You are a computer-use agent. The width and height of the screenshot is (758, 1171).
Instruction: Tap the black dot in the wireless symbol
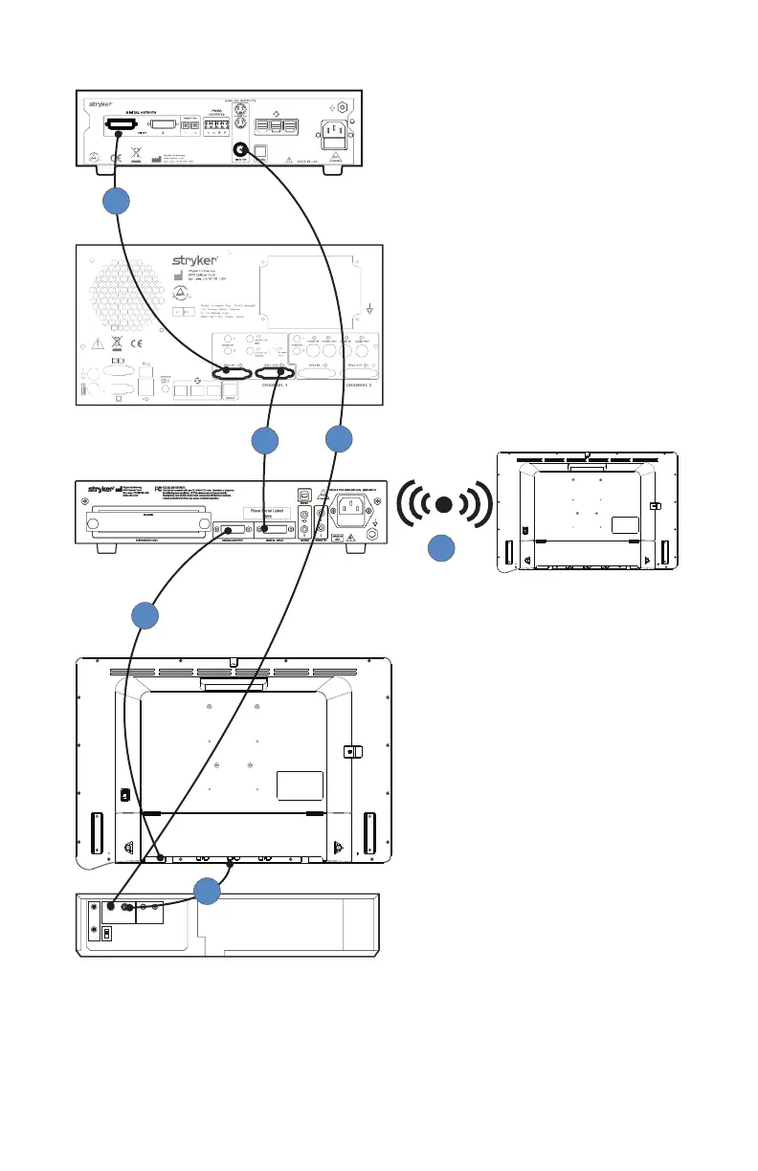(443, 504)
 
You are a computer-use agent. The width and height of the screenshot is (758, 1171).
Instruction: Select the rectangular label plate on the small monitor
(625, 525)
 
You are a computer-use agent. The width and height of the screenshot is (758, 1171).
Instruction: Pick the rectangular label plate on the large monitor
(300, 784)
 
